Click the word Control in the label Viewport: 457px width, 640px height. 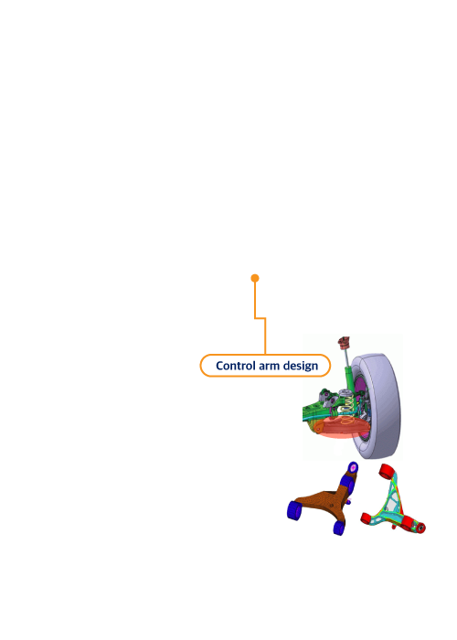[x=236, y=366]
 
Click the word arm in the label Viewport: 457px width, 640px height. [x=269, y=366]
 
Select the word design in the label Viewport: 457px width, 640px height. [x=301, y=366]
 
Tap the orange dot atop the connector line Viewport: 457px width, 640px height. [x=255, y=278]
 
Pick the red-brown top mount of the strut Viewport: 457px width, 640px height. [x=344, y=342]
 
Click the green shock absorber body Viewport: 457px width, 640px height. [x=349, y=378]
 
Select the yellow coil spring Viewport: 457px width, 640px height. [x=346, y=408]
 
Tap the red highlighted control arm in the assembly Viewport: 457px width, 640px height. [x=342, y=427]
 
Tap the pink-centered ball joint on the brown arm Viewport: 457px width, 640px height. [x=353, y=467]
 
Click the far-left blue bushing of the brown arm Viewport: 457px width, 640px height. [x=294, y=510]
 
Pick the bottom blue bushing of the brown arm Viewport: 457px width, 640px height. [x=339, y=527]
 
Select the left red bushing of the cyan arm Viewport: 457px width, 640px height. [x=369, y=517]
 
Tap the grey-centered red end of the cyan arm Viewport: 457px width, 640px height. [x=420, y=528]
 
